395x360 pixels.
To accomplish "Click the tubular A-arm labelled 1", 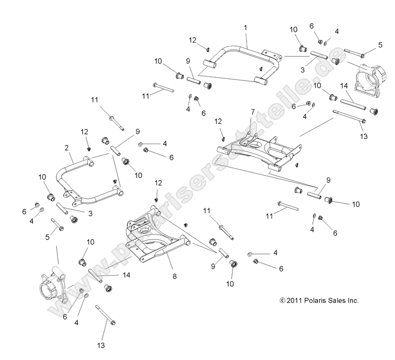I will (x=238, y=56).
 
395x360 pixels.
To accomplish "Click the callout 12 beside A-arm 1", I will (x=193, y=40).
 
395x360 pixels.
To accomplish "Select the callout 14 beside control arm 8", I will (x=126, y=276).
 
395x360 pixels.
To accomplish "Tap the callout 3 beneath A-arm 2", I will (x=90, y=214).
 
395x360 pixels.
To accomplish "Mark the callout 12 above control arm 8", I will (x=158, y=183).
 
